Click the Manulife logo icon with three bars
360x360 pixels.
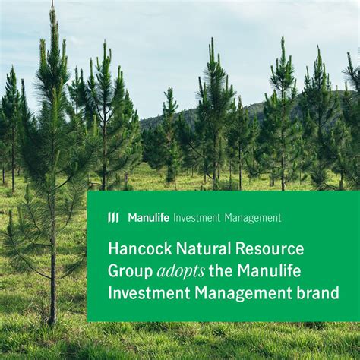click(x=113, y=218)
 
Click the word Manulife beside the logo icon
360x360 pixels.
click(x=148, y=218)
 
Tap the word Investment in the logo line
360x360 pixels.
click(x=197, y=218)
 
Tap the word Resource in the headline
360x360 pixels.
click(x=269, y=249)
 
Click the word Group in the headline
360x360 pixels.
click(x=129, y=271)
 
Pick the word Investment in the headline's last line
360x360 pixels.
click(x=150, y=292)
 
